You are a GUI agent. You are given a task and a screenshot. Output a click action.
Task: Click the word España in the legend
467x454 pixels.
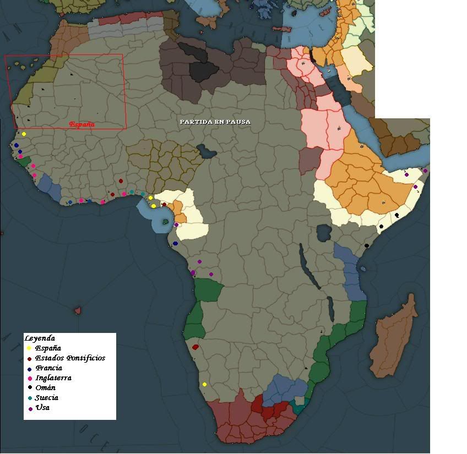click(47, 348)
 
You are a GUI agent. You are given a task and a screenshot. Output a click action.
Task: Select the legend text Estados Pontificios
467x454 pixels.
click(70, 358)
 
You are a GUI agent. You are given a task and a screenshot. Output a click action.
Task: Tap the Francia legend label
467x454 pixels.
click(48, 368)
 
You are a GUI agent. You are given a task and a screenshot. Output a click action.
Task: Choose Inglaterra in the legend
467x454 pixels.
click(53, 378)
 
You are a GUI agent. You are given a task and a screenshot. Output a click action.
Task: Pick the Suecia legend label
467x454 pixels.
click(46, 398)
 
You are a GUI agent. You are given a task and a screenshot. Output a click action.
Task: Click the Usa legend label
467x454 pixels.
click(42, 408)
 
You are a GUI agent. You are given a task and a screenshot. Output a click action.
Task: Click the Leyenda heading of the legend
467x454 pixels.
click(40, 338)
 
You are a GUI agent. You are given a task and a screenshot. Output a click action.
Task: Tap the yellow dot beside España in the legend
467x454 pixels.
click(29, 348)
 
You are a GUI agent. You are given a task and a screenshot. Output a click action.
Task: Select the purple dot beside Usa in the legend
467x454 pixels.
click(30, 408)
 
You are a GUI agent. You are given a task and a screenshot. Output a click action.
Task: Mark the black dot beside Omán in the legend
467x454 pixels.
click(29, 389)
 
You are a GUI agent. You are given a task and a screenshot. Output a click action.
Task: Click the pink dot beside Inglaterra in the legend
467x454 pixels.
click(29, 379)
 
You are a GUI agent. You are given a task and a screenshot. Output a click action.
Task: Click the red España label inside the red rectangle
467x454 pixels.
click(82, 124)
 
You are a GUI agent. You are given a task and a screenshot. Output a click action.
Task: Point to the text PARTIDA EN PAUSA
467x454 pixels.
click(215, 122)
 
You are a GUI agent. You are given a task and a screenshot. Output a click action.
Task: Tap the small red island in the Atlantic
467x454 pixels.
click(78, 310)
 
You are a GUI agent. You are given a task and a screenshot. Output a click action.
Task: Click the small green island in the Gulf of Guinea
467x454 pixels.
click(166, 221)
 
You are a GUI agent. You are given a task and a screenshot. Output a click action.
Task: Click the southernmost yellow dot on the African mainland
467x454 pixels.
click(204, 385)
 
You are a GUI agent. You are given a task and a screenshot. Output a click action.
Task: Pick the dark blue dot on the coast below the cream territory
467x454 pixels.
click(175, 243)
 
